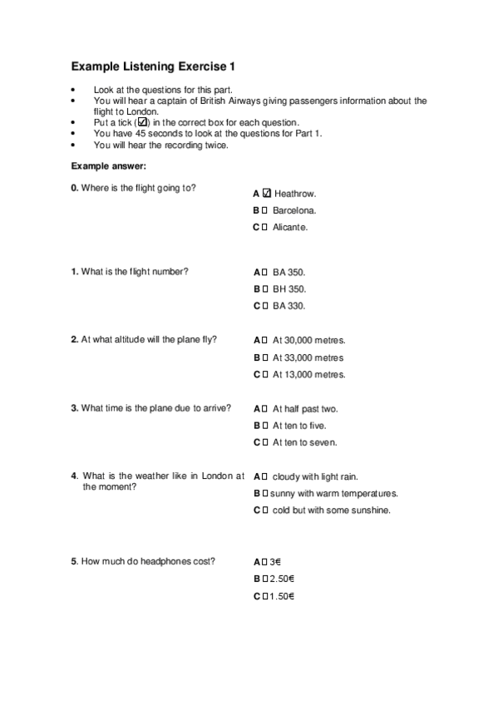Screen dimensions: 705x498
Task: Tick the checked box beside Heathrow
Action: (x=267, y=193)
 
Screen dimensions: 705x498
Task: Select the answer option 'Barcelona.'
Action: (x=294, y=210)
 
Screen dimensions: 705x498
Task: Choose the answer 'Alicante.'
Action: (x=290, y=227)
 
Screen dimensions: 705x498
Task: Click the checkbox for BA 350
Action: (x=264, y=272)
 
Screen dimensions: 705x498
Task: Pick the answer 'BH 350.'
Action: (x=289, y=289)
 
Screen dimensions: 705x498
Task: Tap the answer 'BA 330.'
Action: (x=289, y=306)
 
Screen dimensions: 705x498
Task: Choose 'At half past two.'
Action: (x=305, y=409)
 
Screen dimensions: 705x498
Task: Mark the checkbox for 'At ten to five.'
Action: (x=264, y=426)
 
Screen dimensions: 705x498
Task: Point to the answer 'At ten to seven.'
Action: (x=304, y=442)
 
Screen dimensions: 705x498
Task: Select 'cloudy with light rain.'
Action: (x=315, y=476)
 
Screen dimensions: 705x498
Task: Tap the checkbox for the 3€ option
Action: (x=264, y=562)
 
